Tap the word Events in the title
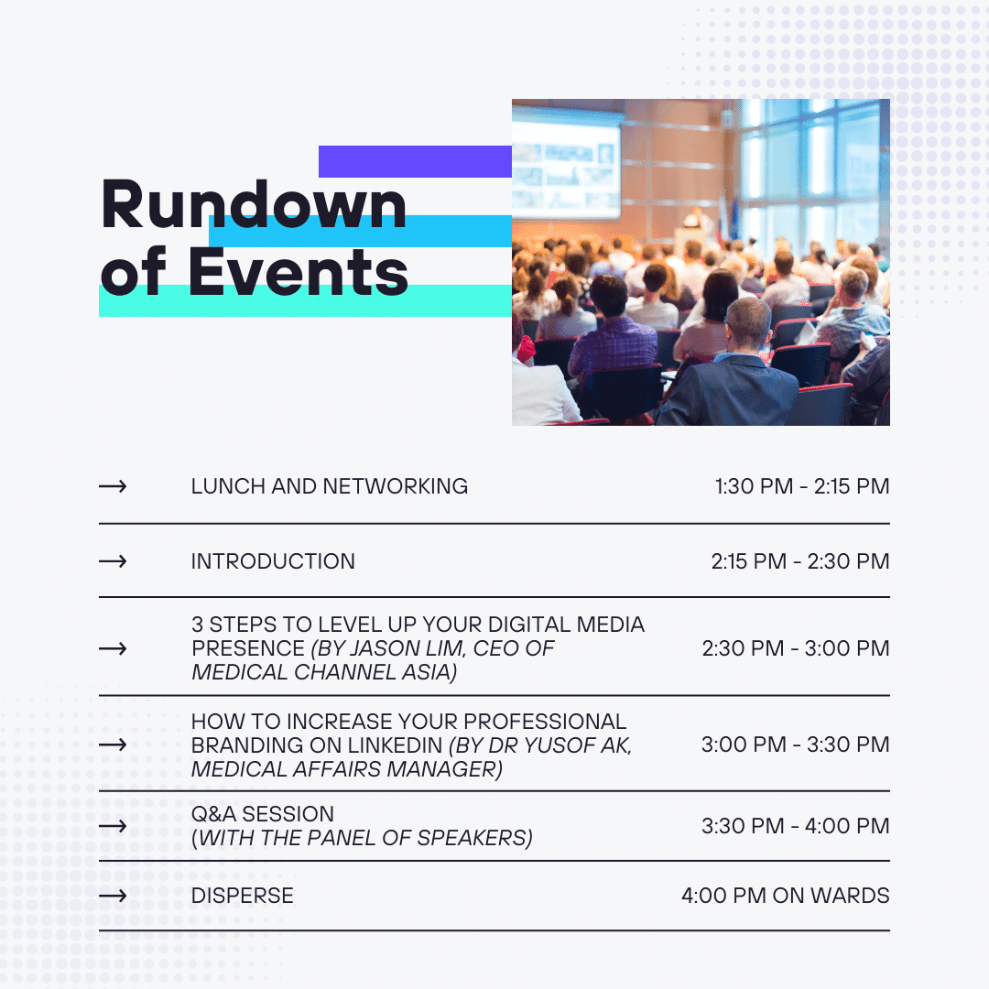click(299, 272)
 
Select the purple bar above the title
click(415, 161)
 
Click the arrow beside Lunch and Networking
click(113, 486)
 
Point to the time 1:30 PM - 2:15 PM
click(801, 486)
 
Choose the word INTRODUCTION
click(273, 561)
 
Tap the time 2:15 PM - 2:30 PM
click(799, 561)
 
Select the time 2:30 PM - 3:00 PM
click(796, 648)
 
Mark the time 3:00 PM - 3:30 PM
click(796, 744)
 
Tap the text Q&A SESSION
click(263, 814)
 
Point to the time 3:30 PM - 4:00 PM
click(796, 826)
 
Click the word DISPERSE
click(242, 896)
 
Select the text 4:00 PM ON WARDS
click(786, 896)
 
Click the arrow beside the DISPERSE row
click(113, 896)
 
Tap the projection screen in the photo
click(566, 163)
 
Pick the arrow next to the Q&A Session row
click(113, 826)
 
